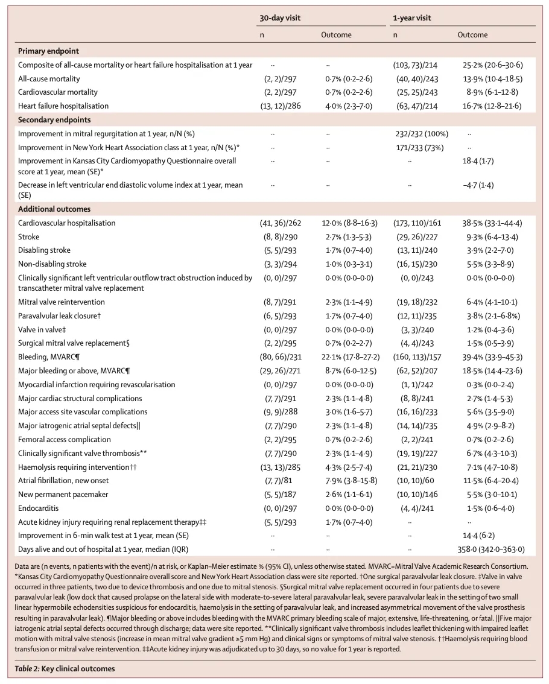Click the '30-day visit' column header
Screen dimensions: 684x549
tap(280, 18)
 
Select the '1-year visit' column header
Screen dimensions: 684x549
tap(411, 18)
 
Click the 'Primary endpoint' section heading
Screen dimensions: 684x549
tap(48, 51)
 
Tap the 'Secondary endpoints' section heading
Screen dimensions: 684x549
tap(54, 119)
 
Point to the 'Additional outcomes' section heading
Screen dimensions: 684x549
tap(54, 209)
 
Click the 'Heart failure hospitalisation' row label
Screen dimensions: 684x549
tap(63, 106)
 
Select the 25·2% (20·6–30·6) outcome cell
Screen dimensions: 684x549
tap(492, 65)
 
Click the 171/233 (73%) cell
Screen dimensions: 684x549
tap(416, 147)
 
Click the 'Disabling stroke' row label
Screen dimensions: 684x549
tap(44, 250)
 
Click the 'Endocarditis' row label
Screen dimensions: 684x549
tap(38, 508)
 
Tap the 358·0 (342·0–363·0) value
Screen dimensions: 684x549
tap(491, 549)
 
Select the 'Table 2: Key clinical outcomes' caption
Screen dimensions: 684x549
tap(65, 668)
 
